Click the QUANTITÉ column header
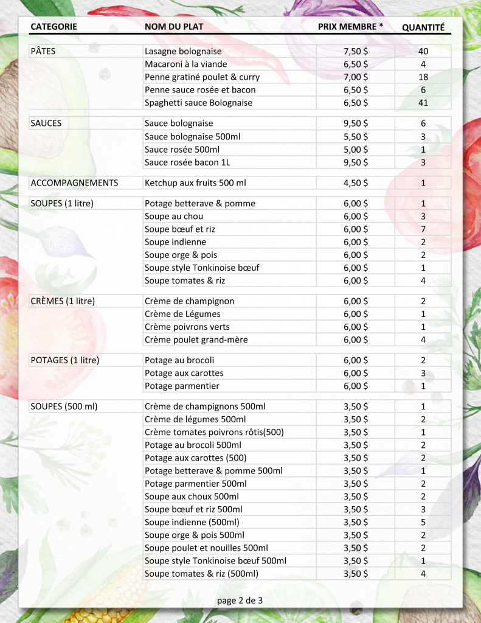(423, 27)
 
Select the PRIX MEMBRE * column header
(350, 27)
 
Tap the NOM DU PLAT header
(174, 27)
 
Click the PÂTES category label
(43, 51)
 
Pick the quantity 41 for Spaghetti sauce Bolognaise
(423, 103)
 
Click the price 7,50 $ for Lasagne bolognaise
(356, 51)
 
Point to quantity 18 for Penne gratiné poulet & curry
(423, 77)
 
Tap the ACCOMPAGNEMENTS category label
(74, 183)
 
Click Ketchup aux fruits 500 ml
(195, 183)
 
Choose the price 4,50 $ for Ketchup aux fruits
(356, 183)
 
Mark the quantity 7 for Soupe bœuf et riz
(423, 229)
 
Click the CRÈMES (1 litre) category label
(63, 301)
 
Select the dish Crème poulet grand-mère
(196, 339)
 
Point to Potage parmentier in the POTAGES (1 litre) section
(182, 386)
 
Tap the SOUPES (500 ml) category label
(64, 406)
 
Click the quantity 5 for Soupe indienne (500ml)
(423, 522)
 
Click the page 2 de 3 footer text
(240, 600)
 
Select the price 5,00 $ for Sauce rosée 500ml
(356, 149)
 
